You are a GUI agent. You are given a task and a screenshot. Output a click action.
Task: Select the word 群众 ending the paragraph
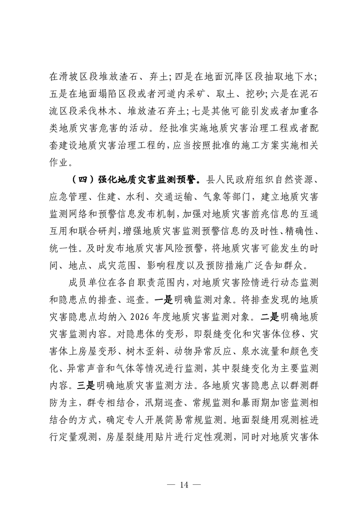[300, 266]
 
